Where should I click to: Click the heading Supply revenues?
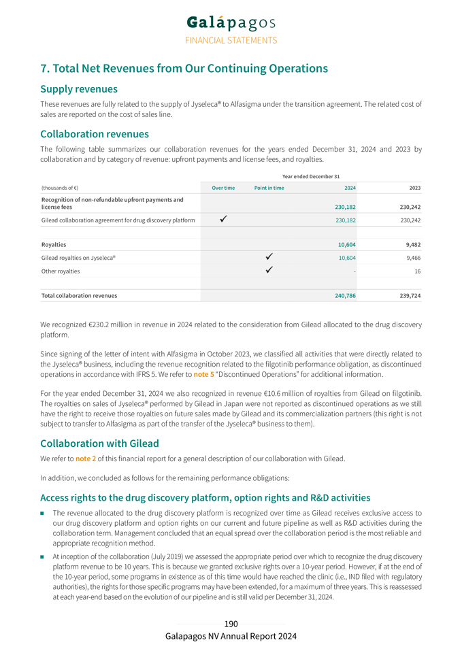tap(79, 89)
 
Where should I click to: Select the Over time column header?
tap(223, 188)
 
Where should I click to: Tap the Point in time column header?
tap(269, 188)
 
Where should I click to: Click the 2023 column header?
tap(414, 188)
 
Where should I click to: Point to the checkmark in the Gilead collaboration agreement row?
tap(224, 220)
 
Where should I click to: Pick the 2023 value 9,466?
tap(410, 258)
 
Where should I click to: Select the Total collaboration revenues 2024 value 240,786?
tap(342, 296)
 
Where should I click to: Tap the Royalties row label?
tap(54, 245)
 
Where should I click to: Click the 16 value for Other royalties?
tap(416, 271)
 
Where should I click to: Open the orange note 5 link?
tap(202, 374)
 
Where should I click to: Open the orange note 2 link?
tap(84, 458)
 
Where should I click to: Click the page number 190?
tap(231, 624)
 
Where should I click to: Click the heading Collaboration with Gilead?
tap(99, 443)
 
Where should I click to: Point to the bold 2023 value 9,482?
tap(410, 245)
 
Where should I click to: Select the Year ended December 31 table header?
tap(312, 176)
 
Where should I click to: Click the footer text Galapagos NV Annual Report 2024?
tap(231, 636)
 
